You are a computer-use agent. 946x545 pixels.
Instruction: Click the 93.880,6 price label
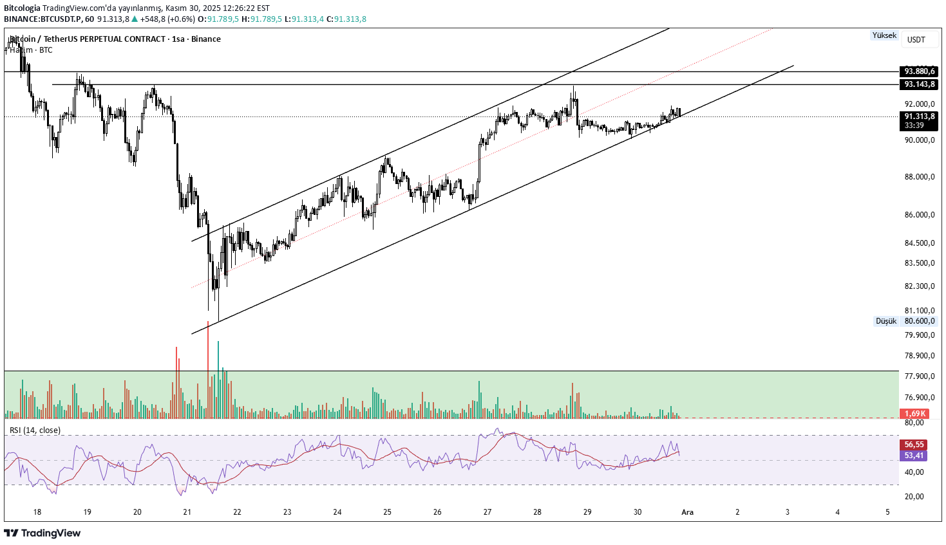coord(919,71)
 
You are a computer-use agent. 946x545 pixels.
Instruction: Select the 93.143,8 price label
coord(919,84)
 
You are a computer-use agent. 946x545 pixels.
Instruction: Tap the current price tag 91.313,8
coord(919,116)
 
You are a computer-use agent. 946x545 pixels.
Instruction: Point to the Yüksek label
coord(884,35)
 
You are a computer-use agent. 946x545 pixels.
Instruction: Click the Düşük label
coord(885,321)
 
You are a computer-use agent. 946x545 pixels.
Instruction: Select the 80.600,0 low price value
coord(919,321)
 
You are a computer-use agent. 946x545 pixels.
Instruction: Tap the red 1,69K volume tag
coord(914,414)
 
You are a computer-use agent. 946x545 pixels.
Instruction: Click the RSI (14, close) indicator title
coord(35,430)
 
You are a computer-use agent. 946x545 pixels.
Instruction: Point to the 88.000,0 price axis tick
coord(919,177)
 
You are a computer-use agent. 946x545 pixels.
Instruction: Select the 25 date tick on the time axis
coord(387,512)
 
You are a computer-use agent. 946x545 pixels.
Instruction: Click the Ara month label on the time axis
coord(687,512)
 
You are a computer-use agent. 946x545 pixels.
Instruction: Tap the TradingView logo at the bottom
coord(43,533)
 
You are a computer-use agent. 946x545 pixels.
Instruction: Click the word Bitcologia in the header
coord(22,8)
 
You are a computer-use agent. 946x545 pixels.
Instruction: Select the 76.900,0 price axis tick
coord(919,398)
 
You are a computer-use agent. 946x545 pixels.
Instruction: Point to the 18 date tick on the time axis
coord(37,512)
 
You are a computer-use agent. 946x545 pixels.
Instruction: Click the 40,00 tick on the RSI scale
coord(915,472)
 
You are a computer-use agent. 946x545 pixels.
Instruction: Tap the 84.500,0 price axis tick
coord(919,243)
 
